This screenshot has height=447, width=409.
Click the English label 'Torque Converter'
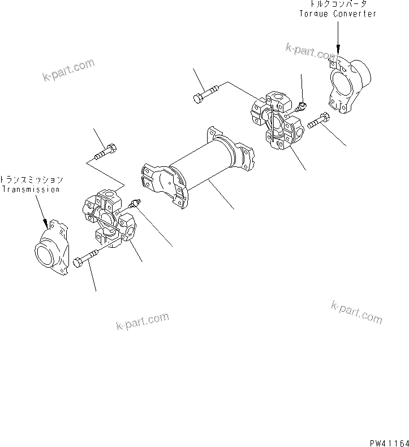(x=337, y=14)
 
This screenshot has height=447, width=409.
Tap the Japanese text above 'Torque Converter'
(x=338, y=5)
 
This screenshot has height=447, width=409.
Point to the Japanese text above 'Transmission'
(x=32, y=180)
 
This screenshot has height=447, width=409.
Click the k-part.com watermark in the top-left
(x=68, y=69)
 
